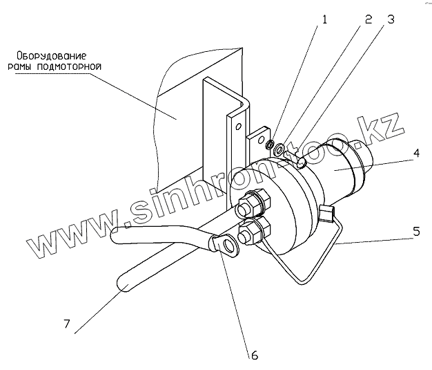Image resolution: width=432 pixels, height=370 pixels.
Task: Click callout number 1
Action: click(x=323, y=20)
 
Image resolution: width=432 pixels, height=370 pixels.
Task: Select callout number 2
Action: click(x=369, y=19)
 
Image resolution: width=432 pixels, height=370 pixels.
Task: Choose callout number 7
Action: click(x=68, y=323)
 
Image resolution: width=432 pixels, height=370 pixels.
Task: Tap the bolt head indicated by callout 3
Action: click(x=302, y=161)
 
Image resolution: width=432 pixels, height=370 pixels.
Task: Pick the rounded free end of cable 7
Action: click(x=123, y=282)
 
